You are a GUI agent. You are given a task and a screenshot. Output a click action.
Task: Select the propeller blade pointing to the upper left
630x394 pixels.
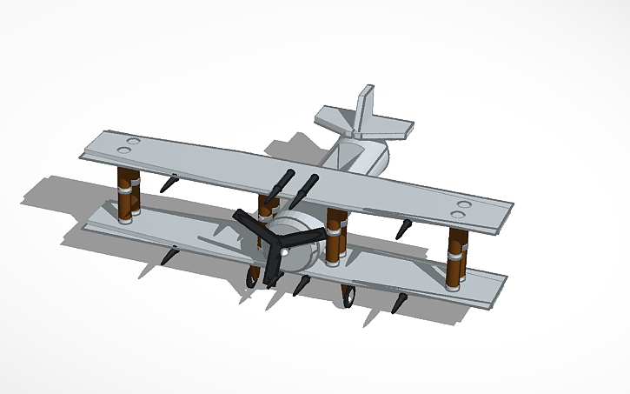tap(251, 225)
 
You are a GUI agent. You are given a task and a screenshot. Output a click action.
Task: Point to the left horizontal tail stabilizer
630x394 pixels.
tap(334, 118)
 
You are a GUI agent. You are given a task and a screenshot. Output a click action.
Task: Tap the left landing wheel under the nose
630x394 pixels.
tap(253, 276)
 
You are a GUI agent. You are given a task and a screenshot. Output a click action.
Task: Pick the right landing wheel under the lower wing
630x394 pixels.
tap(348, 297)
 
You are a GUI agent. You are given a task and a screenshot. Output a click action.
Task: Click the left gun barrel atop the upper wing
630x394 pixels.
tap(283, 184)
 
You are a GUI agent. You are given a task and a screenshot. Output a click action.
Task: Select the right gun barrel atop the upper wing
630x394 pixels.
tap(308, 186)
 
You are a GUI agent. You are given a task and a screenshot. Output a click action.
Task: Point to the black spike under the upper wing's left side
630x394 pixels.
tap(170, 184)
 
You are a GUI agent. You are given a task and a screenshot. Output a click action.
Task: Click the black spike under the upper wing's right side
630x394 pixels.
tap(402, 230)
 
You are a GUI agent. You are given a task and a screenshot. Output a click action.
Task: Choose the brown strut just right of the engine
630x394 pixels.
tap(335, 237)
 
